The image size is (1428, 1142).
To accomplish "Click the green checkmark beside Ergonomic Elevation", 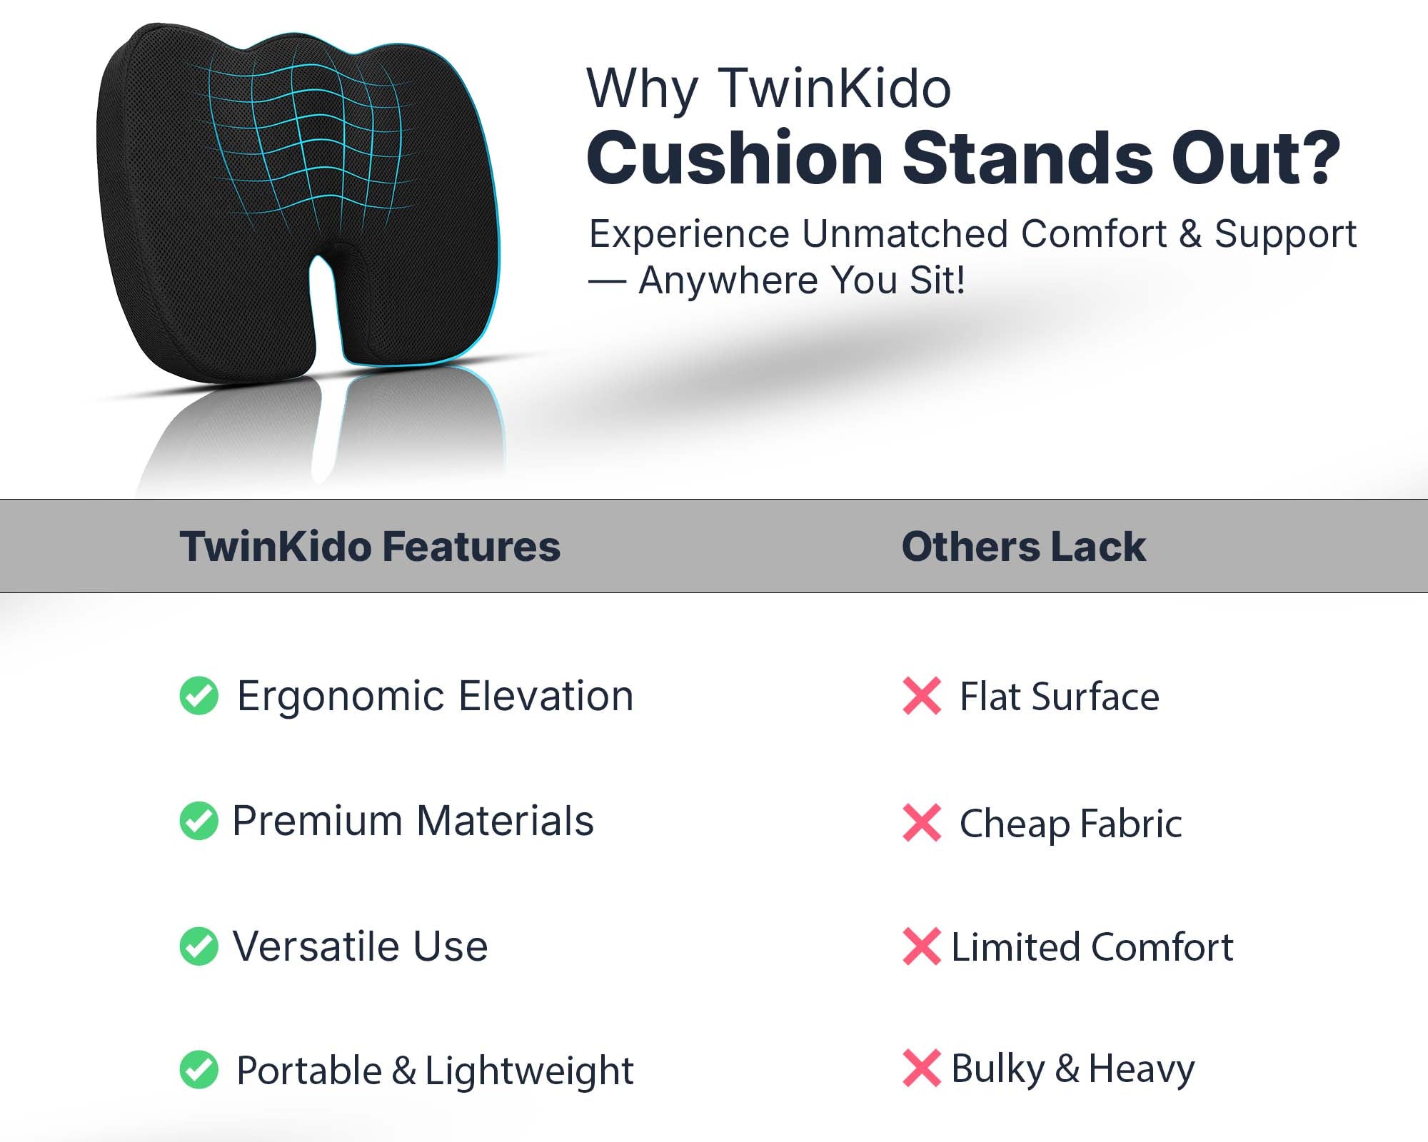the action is (x=199, y=695).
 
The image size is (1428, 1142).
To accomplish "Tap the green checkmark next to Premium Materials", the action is (x=199, y=821).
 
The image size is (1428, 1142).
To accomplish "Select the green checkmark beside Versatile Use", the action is (x=199, y=946).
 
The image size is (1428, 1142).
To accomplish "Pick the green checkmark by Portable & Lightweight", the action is (x=199, y=1070).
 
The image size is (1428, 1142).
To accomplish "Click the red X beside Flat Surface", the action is (x=922, y=696).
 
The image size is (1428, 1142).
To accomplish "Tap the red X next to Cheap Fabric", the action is (x=922, y=823).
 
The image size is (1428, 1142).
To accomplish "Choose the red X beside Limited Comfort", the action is (x=922, y=946).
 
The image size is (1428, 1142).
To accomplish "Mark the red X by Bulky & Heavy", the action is (x=922, y=1068).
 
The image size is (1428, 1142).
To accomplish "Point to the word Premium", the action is (x=318, y=821).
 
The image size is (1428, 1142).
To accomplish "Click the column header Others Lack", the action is (x=1024, y=547).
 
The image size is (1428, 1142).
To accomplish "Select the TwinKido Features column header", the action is (x=370, y=547).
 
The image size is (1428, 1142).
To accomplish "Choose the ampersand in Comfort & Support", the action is (x=1190, y=234).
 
